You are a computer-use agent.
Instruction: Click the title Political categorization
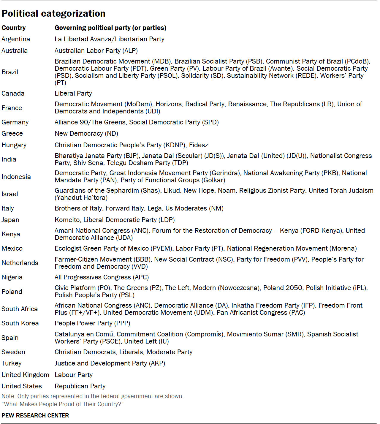(x=53, y=13)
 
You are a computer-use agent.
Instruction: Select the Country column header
(x=14, y=28)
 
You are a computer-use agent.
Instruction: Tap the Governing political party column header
(x=110, y=28)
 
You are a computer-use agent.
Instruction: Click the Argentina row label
(x=16, y=39)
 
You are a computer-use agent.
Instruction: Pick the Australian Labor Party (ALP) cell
(x=96, y=51)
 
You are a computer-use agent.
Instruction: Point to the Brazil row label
(x=10, y=72)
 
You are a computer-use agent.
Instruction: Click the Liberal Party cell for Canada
(x=73, y=94)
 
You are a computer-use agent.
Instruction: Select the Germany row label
(x=15, y=122)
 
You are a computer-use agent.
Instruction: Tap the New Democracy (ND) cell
(x=86, y=134)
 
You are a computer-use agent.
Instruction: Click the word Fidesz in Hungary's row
(x=199, y=145)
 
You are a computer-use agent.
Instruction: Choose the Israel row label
(x=10, y=194)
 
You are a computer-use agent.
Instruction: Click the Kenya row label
(x=11, y=234)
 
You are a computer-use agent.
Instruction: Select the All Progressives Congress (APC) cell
(x=102, y=277)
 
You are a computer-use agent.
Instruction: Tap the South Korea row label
(x=20, y=323)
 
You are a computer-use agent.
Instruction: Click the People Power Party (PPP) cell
(x=92, y=323)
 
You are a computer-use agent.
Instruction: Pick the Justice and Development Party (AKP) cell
(x=110, y=363)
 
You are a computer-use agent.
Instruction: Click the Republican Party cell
(x=80, y=386)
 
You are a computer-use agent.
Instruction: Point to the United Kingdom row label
(x=25, y=375)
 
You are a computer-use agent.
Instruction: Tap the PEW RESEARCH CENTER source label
(x=35, y=416)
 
